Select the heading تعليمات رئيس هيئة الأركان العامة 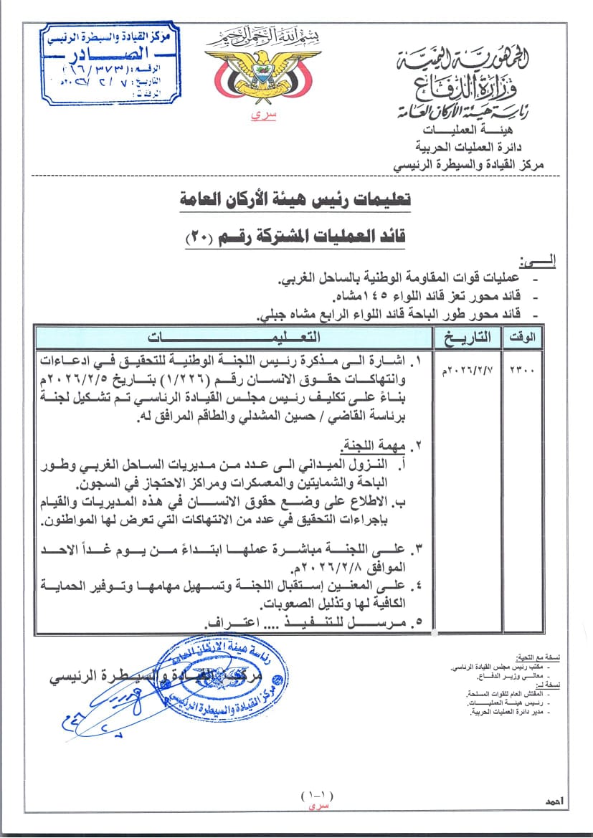295,200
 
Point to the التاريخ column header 468,336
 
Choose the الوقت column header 524,337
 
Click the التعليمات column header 234,336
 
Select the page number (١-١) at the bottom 317,794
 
